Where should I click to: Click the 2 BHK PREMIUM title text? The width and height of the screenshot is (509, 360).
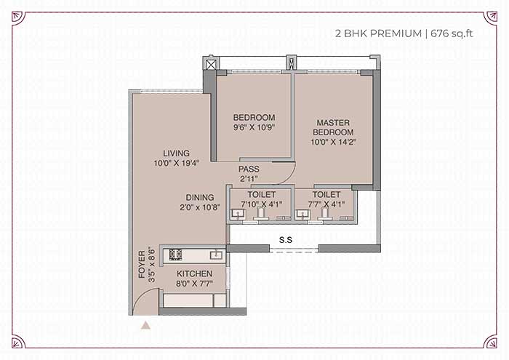coord(379,33)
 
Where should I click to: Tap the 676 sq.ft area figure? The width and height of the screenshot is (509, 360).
coord(452,33)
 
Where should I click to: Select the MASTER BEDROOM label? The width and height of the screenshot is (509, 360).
coord(333,127)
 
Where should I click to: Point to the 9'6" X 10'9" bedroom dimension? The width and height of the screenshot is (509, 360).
coord(254,127)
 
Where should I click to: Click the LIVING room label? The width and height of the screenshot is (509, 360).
coord(176,153)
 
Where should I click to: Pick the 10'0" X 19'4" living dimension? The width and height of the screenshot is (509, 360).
coord(176,163)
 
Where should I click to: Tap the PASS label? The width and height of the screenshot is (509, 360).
coord(249,169)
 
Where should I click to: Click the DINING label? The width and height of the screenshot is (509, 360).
coord(200,197)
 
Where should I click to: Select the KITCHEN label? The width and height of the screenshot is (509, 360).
coord(194,273)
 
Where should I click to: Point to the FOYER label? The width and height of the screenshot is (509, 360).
coord(142,264)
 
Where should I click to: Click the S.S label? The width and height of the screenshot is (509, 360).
coord(286,240)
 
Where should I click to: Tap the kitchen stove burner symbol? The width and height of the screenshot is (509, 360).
coord(175,255)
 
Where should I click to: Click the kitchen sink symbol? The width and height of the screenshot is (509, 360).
coord(216,255)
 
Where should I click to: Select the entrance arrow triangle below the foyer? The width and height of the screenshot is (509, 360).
coord(145,325)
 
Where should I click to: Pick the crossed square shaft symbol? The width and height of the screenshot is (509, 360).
coord(211,65)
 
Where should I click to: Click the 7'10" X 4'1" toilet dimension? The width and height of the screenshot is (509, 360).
coord(261,204)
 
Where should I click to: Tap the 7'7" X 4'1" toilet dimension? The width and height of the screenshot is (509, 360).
coord(326,204)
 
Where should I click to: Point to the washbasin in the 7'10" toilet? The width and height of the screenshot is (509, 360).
coord(238,215)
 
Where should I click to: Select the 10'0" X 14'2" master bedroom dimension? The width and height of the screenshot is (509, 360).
coord(333,142)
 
